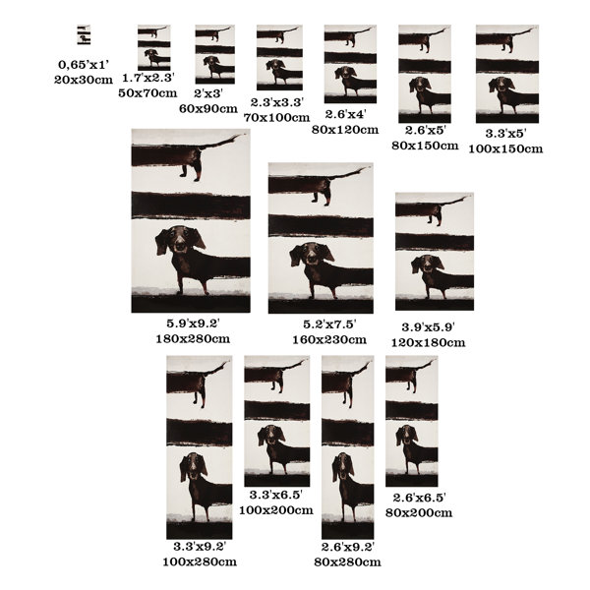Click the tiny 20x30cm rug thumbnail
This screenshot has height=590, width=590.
(84, 35)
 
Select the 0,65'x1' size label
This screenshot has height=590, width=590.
(84, 65)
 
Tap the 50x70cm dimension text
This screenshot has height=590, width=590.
(147, 93)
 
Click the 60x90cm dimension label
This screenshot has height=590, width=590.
(208, 109)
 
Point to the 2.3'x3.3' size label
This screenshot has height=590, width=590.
(277, 102)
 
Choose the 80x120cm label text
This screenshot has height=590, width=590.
(345, 130)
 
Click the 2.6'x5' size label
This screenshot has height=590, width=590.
(425, 130)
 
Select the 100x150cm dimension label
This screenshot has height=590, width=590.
(505, 149)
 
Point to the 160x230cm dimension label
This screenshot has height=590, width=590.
(329, 340)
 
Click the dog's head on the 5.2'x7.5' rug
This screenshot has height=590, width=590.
(312, 254)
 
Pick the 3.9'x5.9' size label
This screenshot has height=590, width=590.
(429, 327)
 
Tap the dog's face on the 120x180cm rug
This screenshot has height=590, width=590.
(428, 264)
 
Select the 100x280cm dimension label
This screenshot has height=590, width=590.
(200, 562)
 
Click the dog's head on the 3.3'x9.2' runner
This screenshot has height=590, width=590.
(194, 467)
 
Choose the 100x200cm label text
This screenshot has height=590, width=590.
(276, 510)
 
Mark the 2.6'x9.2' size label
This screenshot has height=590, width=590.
(348, 547)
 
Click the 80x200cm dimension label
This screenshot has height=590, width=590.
(419, 513)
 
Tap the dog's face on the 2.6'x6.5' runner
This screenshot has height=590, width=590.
(407, 436)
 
